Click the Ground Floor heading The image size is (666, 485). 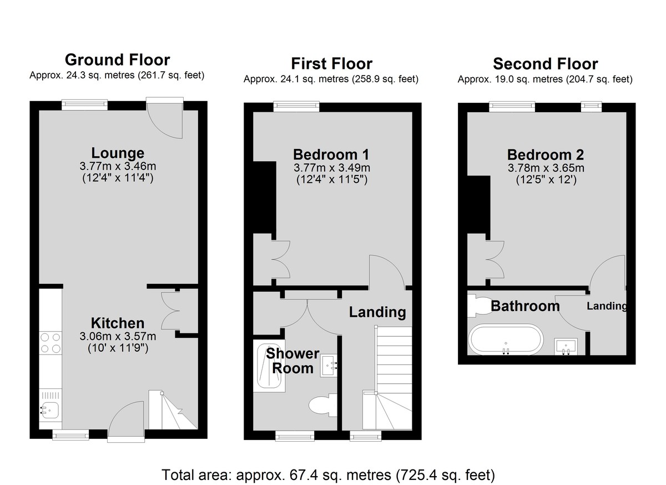coord(118,60)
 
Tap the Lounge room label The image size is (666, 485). coord(118,153)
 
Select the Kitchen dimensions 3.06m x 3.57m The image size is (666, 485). coord(118,336)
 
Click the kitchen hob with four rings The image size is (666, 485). coord(51,343)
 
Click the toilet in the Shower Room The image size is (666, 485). coord(323,405)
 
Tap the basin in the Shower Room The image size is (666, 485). coord(329,366)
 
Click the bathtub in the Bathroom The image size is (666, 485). coord(506,339)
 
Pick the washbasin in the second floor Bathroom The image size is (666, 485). coord(566,346)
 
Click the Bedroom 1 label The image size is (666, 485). coord(331,154)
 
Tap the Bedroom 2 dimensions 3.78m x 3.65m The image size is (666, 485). coord(546,168)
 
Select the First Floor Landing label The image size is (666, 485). coord(377,312)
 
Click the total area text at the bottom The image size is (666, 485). coord(328,475)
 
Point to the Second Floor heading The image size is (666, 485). coord(546,64)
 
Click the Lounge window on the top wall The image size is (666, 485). coord(85,103)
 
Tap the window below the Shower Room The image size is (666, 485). coord(295,436)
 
